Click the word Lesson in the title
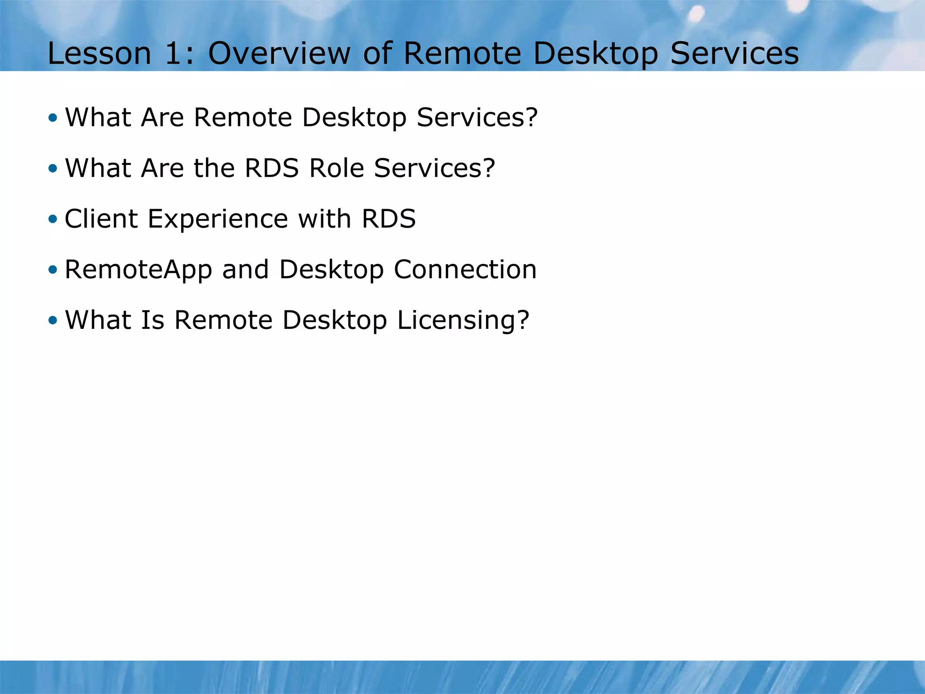coord(99,53)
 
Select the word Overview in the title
coord(279,53)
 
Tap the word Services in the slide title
coord(734,53)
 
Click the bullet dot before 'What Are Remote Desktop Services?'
coord(53,118)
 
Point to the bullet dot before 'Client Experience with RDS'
coord(53,219)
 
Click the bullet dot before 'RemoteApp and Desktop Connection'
coord(53,270)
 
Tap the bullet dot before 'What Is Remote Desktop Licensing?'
coord(53,320)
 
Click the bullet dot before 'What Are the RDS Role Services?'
coord(53,169)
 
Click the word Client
coord(101,219)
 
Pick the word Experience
coord(218,220)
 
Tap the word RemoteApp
coord(138,270)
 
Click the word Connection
coord(465,269)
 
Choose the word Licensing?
coord(463,321)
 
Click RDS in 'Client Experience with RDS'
coord(388,219)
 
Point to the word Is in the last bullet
coord(153,320)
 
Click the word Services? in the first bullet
coord(477,117)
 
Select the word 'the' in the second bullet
coord(214,168)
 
